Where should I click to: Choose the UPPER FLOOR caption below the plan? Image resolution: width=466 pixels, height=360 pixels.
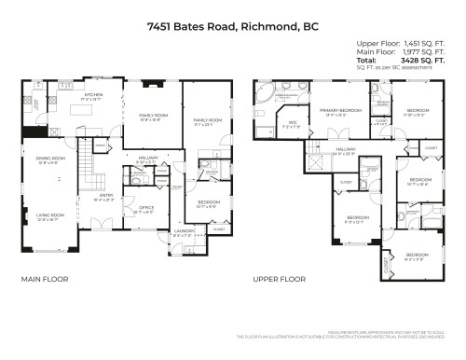point(280,279)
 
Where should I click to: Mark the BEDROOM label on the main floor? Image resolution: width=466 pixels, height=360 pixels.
point(208,201)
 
